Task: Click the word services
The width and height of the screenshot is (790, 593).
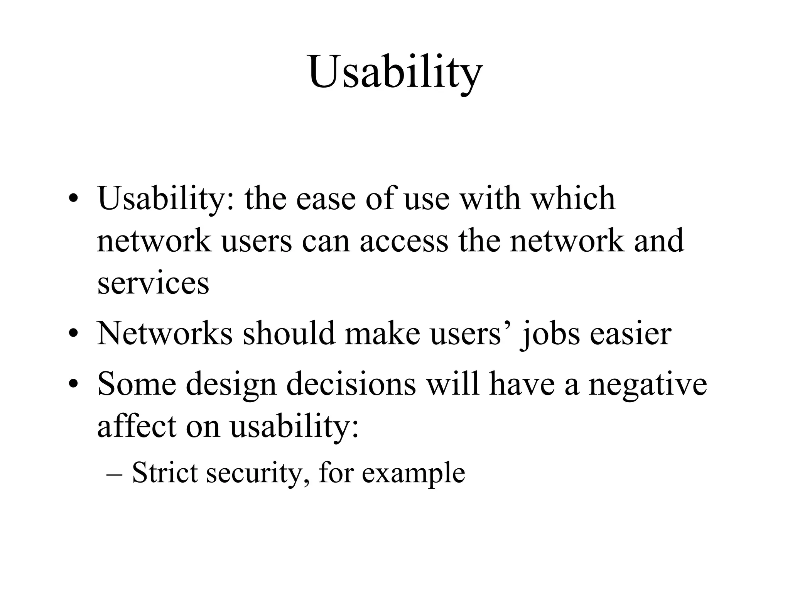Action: click(153, 283)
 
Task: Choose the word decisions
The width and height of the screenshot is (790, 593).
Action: click(351, 385)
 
